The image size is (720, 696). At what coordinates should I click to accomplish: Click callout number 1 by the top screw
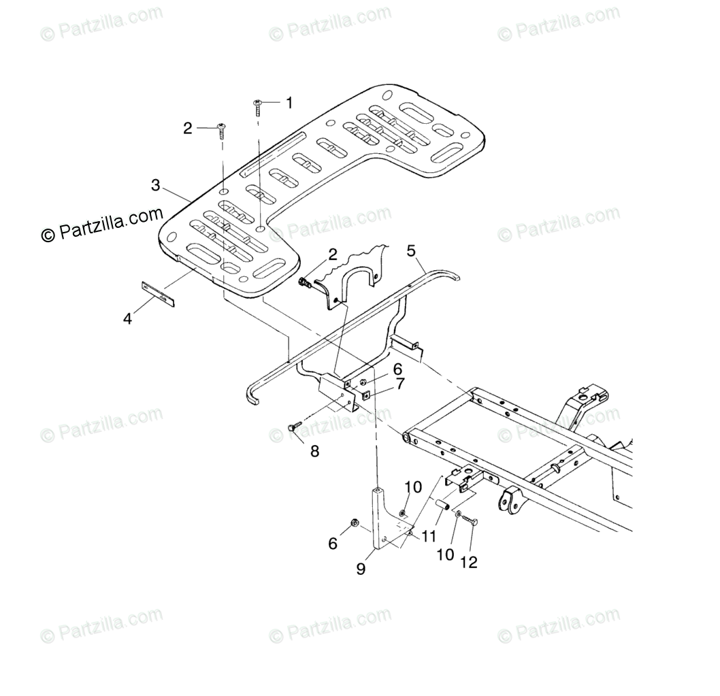pos(289,103)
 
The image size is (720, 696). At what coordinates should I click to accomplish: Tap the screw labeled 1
pos(259,105)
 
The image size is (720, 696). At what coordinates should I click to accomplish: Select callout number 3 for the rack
pos(156,184)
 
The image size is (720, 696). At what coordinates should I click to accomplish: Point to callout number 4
pos(128,318)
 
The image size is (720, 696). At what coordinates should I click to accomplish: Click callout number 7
pos(400,384)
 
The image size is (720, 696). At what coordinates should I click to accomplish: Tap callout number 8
pos(314,450)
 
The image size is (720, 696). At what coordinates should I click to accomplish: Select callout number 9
pos(361,569)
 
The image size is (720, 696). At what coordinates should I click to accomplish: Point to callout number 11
pos(428,537)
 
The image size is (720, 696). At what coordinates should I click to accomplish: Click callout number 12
pos(469,562)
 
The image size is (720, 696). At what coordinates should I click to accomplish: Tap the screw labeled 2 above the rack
pos(223,129)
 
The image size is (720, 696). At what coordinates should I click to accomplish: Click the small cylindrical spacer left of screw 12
pos(442,507)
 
